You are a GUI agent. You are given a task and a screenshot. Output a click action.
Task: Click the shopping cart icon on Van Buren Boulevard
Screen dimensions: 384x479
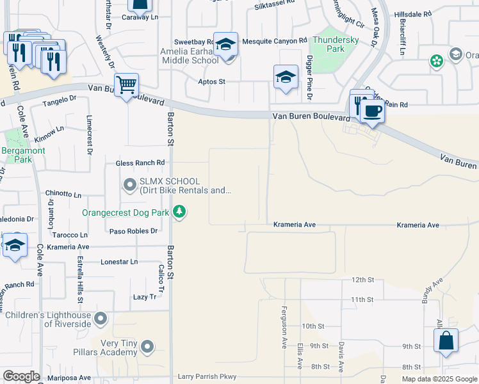(x=127, y=84)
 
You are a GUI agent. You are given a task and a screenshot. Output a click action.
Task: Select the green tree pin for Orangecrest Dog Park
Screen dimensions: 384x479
(x=180, y=212)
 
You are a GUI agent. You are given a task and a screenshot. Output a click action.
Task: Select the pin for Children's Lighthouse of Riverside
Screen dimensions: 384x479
(x=100, y=318)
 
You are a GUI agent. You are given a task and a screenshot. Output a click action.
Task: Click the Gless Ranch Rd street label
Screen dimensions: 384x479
(x=140, y=163)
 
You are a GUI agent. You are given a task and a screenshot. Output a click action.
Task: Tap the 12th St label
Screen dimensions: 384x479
(x=362, y=280)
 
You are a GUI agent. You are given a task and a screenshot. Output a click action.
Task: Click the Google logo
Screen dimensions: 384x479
(x=21, y=376)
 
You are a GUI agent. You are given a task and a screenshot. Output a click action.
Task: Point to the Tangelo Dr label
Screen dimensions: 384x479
(x=60, y=102)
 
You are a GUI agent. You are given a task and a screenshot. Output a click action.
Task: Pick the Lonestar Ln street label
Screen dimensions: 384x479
(x=119, y=262)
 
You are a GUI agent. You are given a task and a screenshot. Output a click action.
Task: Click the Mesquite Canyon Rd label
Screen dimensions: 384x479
(x=270, y=42)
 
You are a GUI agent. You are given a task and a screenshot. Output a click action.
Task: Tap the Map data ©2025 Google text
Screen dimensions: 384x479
(x=439, y=379)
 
